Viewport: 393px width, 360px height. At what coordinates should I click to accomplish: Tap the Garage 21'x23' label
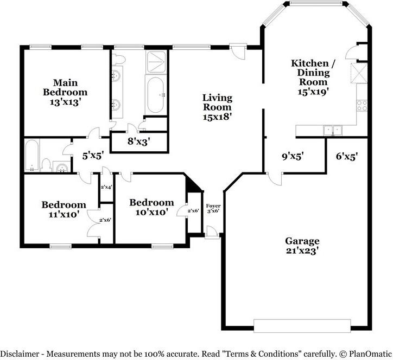(302, 246)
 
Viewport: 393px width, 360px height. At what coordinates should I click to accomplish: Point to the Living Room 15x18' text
(217, 107)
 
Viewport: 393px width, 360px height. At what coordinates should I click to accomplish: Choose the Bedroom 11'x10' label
(64, 209)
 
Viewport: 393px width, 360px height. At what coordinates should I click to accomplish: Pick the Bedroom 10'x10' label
(151, 207)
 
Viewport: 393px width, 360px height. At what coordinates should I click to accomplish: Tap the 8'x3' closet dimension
(138, 143)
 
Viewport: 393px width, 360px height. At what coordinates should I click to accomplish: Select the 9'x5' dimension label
(292, 156)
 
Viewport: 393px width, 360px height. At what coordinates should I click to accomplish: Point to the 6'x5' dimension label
(346, 156)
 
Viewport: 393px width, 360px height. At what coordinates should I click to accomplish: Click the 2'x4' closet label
(106, 187)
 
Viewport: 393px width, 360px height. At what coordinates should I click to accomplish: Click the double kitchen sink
(332, 130)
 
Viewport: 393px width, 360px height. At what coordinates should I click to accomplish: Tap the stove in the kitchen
(361, 105)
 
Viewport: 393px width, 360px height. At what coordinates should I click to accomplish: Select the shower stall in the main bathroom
(155, 62)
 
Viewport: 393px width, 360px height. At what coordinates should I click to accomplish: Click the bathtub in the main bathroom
(156, 95)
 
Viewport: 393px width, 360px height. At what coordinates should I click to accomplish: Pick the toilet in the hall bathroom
(47, 164)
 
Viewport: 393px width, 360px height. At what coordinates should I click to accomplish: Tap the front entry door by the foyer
(212, 232)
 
